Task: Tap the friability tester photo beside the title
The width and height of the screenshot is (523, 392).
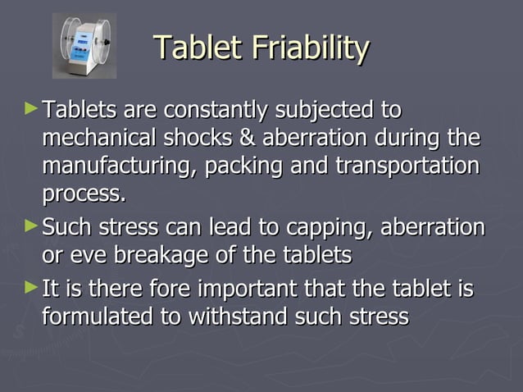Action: pyautogui.click(x=84, y=45)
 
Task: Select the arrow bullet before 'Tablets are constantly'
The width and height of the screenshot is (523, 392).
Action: pyautogui.click(x=31, y=107)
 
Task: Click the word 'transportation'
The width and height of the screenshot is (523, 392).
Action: pyautogui.click(x=407, y=166)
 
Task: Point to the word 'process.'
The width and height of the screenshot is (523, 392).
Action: pyautogui.click(x=84, y=195)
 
